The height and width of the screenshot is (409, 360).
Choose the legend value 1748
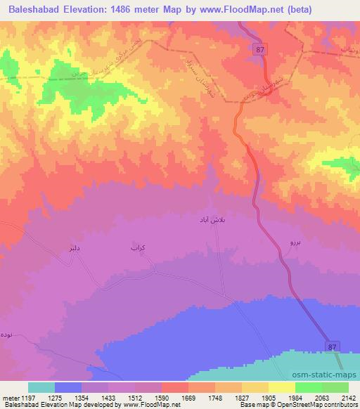point(212,397)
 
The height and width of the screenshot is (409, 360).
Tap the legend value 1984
point(293,397)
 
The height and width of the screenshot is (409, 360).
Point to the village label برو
point(295,242)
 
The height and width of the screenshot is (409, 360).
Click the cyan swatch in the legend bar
point(41,387)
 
